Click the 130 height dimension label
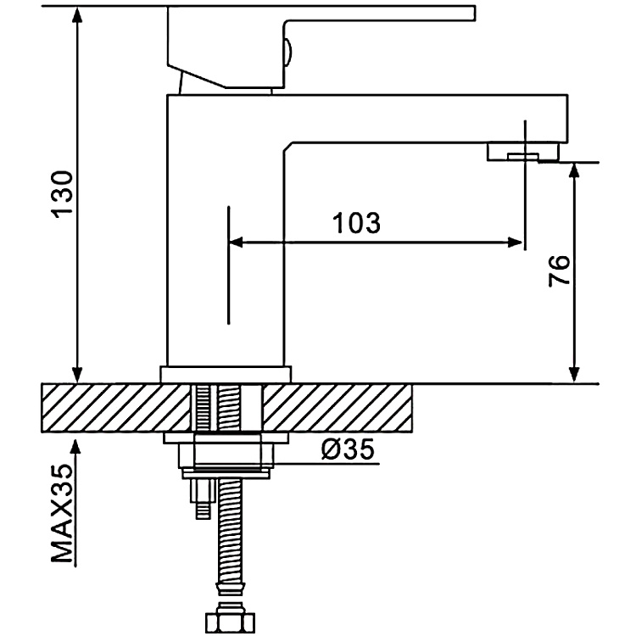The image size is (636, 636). point(64,194)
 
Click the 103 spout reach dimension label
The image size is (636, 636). point(355,224)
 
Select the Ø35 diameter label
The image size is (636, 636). point(347,450)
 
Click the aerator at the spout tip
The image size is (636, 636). point(522,153)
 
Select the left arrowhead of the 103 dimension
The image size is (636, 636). point(237,243)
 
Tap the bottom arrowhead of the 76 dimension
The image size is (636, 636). point(575,374)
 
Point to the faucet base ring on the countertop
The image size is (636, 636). point(226,374)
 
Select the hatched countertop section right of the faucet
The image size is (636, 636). point(339,407)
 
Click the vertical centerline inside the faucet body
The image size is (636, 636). point(228,263)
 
